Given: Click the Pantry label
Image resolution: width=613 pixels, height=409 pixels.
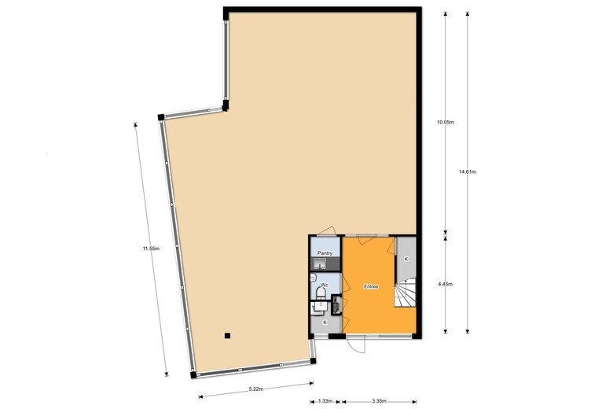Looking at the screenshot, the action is (x=325, y=253).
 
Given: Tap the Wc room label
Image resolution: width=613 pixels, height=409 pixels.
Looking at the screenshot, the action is (x=324, y=285).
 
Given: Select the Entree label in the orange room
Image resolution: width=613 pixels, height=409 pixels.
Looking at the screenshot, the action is (x=371, y=286).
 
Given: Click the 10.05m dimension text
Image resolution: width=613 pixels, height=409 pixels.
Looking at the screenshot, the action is (x=446, y=122).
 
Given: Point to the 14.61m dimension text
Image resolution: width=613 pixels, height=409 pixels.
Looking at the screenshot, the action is (x=467, y=171).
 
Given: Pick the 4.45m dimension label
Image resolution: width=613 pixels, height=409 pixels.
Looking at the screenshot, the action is (x=446, y=284).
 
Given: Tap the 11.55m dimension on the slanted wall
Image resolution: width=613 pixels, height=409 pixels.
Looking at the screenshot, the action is (x=151, y=248).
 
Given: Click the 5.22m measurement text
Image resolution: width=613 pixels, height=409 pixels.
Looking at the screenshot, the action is (x=256, y=389).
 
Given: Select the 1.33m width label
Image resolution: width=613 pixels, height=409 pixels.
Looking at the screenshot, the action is (x=325, y=401).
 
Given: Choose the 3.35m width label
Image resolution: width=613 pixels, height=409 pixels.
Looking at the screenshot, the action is (x=379, y=401).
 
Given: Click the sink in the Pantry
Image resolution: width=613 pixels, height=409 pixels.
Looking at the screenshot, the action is (x=320, y=263).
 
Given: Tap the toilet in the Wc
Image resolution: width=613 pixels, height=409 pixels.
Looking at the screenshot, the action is (x=321, y=293).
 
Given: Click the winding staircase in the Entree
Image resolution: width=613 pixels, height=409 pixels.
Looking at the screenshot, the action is (x=405, y=293).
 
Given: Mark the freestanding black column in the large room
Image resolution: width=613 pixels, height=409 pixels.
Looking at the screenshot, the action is (x=228, y=335).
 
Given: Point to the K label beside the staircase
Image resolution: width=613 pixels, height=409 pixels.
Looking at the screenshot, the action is (x=406, y=259).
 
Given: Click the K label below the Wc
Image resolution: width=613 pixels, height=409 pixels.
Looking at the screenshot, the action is (x=325, y=322).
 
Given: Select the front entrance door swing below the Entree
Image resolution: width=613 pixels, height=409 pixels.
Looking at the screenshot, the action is (x=356, y=345).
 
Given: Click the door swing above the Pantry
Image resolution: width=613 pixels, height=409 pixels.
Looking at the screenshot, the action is (x=327, y=231).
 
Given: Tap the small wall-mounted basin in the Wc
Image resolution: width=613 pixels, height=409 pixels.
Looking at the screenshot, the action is (x=313, y=278).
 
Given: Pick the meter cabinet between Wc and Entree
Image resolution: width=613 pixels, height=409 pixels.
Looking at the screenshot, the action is (x=336, y=305).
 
